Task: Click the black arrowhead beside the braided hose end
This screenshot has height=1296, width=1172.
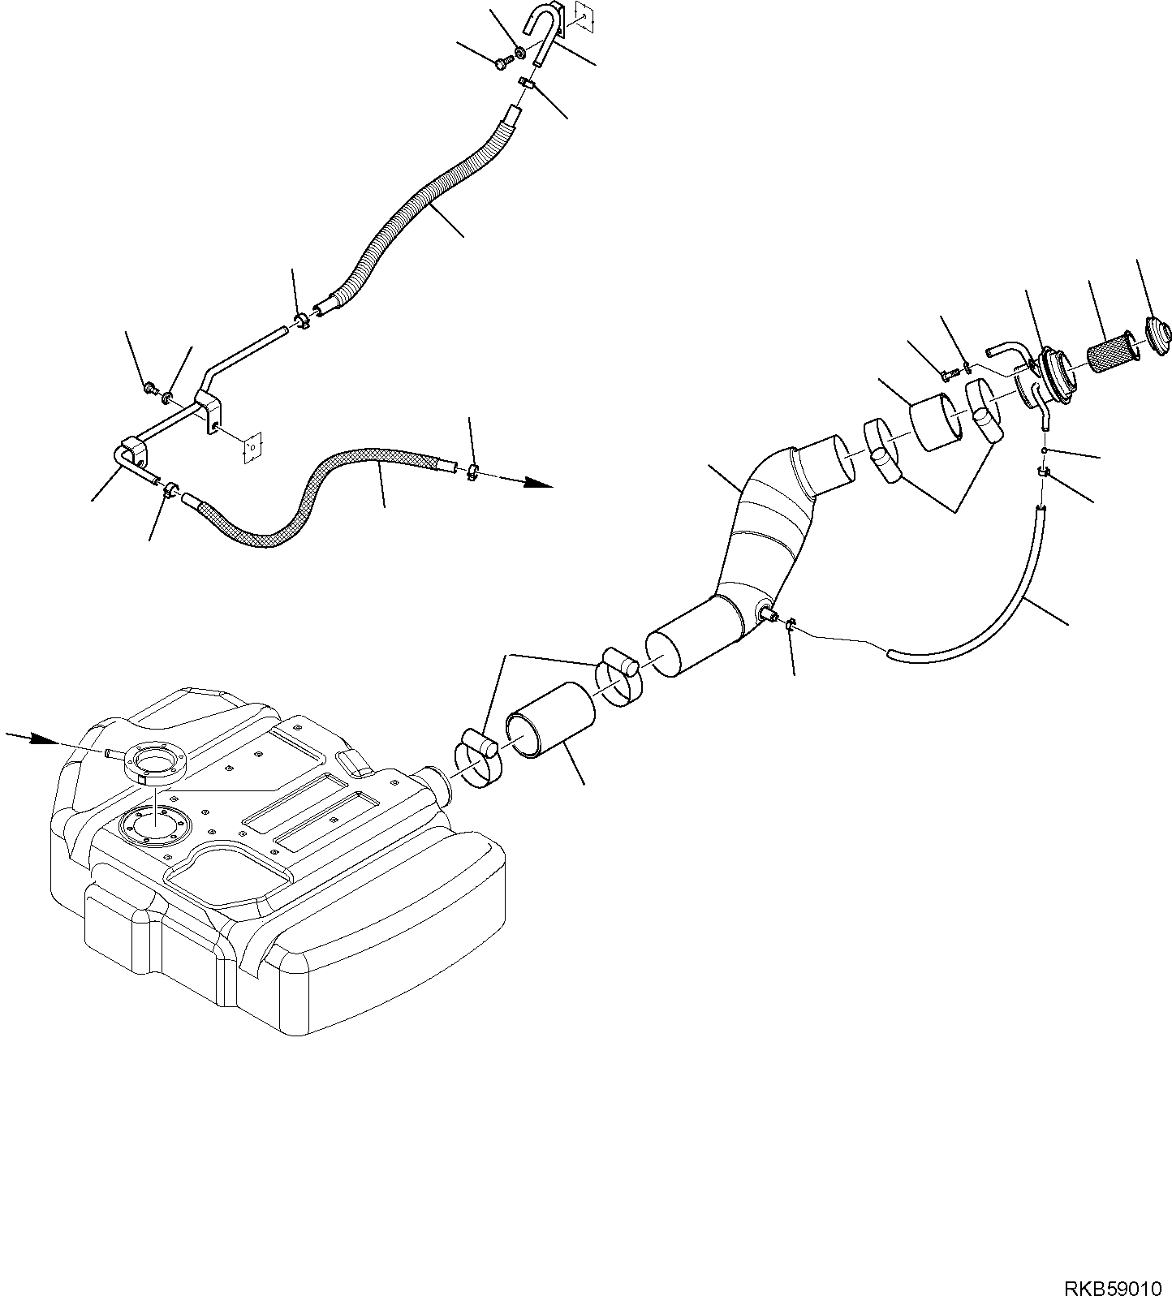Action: pyautogui.click(x=537, y=484)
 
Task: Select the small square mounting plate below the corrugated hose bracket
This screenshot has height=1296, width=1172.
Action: pyautogui.click(x=253, y=446)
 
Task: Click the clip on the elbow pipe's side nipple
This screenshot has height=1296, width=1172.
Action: pyautogui.click(x=790, y=623)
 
